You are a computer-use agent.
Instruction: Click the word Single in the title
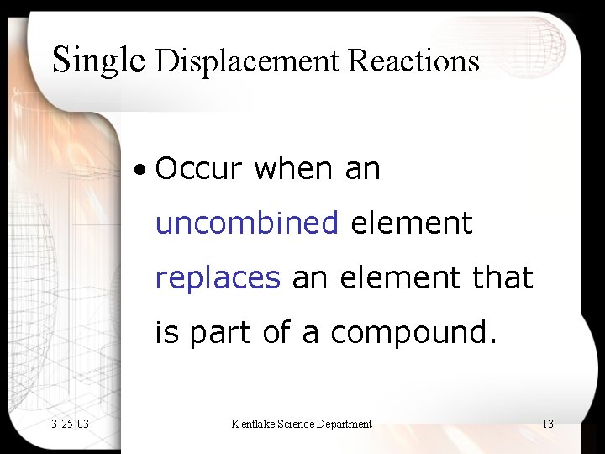click(x=98, y=61)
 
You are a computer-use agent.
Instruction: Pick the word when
click(x=293, y=169)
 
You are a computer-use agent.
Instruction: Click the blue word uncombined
click(x=247, y=224)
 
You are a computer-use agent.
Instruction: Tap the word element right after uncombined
click(x=412, y=224)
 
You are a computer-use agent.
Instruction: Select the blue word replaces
click(x=218, y=278)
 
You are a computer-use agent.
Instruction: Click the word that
click(x=502, y=278)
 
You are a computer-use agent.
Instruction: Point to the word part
click(x=221, y=334)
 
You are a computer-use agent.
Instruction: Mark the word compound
click(x=413, y=334)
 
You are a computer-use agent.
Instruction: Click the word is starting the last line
click(x=167, y=334)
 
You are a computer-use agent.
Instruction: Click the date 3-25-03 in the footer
click(x=70, y=424)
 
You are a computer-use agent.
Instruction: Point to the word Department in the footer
click(x=344, y=424)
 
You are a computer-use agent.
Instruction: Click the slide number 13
click(x=547, y=424)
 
